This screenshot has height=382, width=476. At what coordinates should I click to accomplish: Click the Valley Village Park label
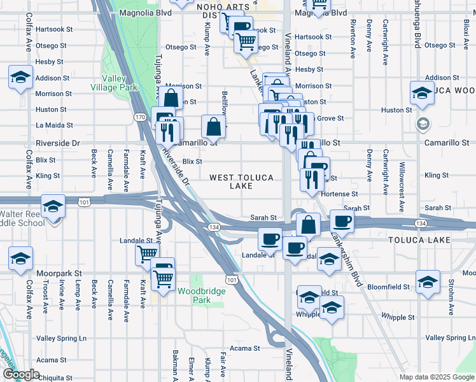point(114,83)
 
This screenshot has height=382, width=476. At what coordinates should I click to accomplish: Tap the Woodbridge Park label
point(193,295)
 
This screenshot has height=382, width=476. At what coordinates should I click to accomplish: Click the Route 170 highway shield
point(140,117)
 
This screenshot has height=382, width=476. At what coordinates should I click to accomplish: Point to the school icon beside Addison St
point(21,78)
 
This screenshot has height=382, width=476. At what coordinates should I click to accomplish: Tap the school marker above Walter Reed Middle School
point(53,206)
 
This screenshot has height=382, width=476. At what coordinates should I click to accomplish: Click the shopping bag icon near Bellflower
point(214,126)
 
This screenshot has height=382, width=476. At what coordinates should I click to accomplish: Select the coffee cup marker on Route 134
point(342,222)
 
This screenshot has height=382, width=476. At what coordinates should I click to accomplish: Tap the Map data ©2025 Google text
point(436,377)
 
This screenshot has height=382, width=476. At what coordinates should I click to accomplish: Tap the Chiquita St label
point(60,378)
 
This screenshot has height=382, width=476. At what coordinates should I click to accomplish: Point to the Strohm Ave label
point(451,295)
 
